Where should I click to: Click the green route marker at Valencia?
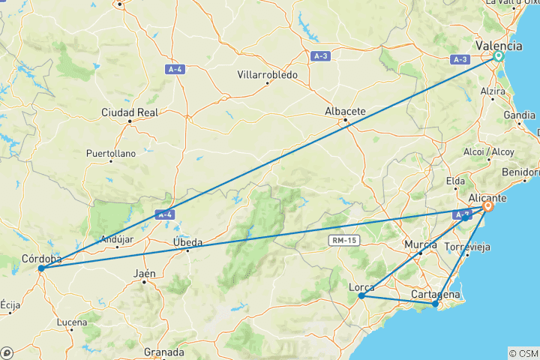tap(499, 55)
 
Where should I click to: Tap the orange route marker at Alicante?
tap(487, 206)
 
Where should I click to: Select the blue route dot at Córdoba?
tap(40, 268)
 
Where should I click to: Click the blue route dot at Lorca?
tap(361, 295)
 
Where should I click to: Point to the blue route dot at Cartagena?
tap(436, 304)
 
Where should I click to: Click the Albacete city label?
tap(345, 112)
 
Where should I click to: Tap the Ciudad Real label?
tap(130, 112)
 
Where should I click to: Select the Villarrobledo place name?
tap(268, 75)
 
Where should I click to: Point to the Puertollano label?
tap(110, 152)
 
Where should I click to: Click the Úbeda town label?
tap(187, 241)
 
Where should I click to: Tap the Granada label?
tap(163, 352)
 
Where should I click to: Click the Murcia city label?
tap(420, 244)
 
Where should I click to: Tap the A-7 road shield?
tap(460, 215)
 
